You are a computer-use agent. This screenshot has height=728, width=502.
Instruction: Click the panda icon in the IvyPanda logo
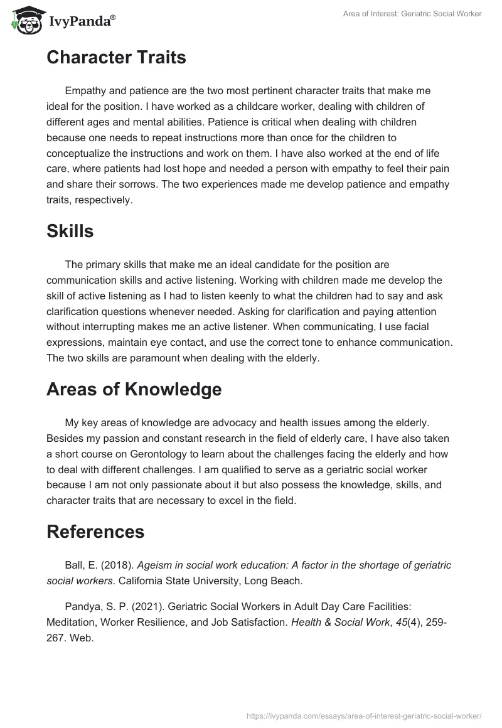click(x=25, y=21)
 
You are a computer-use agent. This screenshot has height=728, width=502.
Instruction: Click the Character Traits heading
click(x=116, y=58)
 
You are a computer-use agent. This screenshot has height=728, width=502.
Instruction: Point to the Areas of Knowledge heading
click(x=134, y=389)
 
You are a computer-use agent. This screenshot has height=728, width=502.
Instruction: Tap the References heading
click(x=95, y=532)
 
